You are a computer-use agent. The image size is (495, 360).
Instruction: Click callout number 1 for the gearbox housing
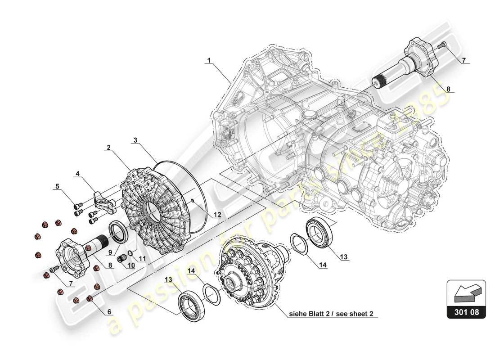pyautogui.click(x=209, y=59)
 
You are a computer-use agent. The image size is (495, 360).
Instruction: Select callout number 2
pyautogui.click(x=108, y=148)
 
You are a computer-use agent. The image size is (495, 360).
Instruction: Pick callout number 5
pyautogui.click(x=57, y=185)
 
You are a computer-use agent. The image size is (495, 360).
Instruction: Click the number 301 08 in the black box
pyautogui.click(x=466, y=311)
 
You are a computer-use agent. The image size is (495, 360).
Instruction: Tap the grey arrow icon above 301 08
pyautogui.click(x=466, y=292)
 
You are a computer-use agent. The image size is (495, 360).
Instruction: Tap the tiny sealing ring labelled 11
pyautogui.click(x=130, y=252)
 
